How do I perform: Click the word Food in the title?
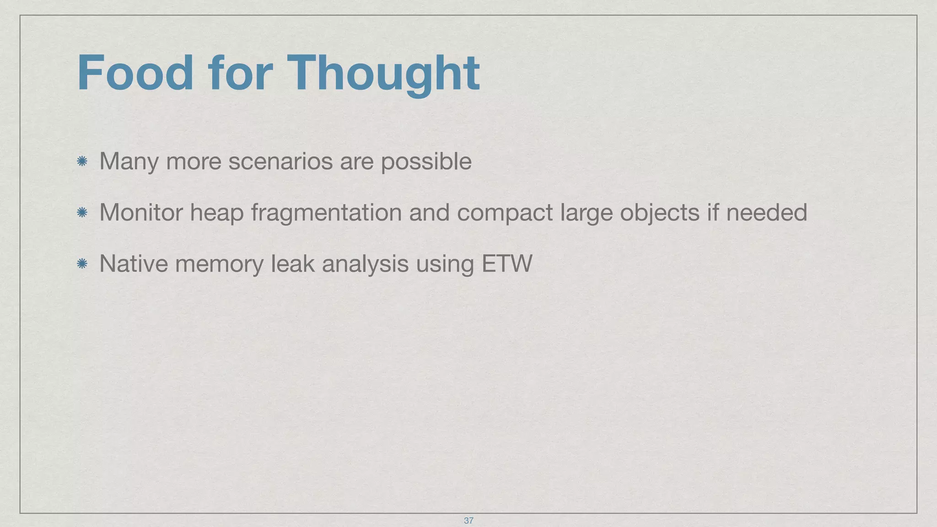pyautogui.click(x=135, y=73)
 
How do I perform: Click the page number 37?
pyautogui.click(x=468, y=521)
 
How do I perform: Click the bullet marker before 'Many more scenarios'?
pyautogui.click(x=82, y=161)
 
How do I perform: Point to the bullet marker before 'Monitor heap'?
pyautogui.click(x=82, y=212)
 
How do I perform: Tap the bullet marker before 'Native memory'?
pyautogui.click(x=82, y=263)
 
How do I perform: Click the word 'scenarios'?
pyautogui.click(x=280, y=161)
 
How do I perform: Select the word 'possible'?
pyautogui.click(x=426, y=162)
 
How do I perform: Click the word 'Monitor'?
pyautogui.click(x=140, y=212)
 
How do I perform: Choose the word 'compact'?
pyautogui.click(x=505, y=213)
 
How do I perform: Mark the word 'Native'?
pyautogui.click(x=134, y=263)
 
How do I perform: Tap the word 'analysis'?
pyautogui.click(x=365, y=264)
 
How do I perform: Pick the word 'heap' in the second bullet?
pyautogui.click(x=216, y=213)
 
